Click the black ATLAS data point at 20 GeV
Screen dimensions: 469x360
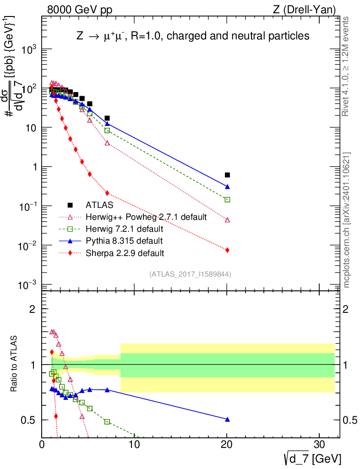(x=227, y=175)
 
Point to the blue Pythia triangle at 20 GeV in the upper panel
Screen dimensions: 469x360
(x=227, y=187)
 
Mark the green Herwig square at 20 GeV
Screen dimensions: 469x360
(x=227, y=200)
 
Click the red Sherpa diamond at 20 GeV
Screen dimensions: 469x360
(x=227, y=250)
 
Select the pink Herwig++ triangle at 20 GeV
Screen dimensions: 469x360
(x=227, y=220)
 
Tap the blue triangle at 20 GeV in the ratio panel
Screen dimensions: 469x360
(x=227, y=420)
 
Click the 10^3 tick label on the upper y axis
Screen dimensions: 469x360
(x=27, y=50)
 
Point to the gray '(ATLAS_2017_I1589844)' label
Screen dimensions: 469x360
(x=190, y=274)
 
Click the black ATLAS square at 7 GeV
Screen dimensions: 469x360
(x=107, y=118)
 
